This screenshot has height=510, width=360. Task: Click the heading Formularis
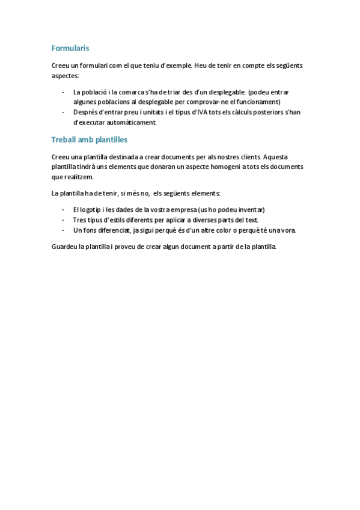point(71,48)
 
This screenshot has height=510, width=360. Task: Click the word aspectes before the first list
point(65,77)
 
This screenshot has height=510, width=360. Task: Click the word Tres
point(79,220)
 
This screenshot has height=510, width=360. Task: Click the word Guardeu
point(66,246)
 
